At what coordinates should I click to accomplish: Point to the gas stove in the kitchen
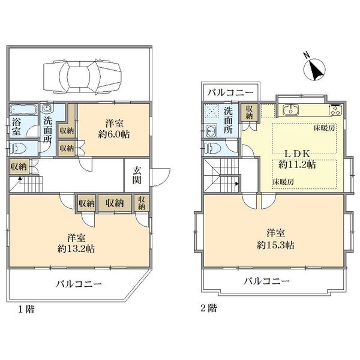[335, 110]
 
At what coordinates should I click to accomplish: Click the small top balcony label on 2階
[231, 92]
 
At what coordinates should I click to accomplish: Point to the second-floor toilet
[211, 148]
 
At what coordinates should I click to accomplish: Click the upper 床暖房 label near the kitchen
[323, 128]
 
